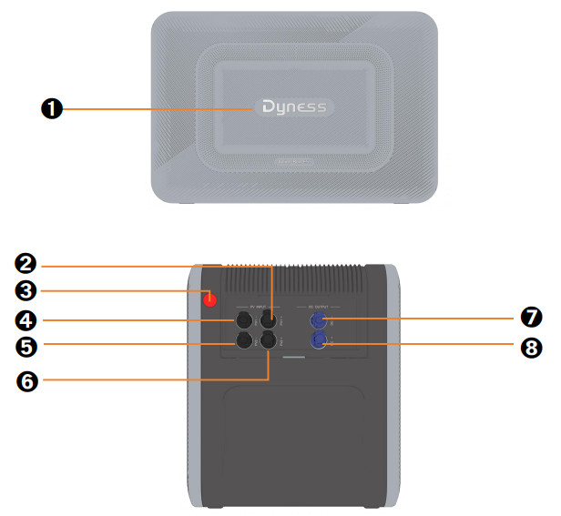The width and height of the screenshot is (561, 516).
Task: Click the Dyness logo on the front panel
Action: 293,107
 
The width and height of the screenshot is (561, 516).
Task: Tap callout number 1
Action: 52,108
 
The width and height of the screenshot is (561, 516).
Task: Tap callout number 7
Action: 532,318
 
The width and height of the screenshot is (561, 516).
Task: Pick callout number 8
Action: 532,346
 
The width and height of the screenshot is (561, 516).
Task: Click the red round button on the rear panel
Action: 210,298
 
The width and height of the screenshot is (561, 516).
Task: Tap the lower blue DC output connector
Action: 320,341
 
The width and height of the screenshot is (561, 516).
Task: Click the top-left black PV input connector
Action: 245,320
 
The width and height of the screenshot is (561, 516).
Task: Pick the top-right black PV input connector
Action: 269,320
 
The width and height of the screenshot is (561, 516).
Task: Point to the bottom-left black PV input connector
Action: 245,341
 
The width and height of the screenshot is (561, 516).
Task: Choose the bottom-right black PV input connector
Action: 269,341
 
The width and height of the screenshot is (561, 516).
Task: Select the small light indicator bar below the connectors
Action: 293,358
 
